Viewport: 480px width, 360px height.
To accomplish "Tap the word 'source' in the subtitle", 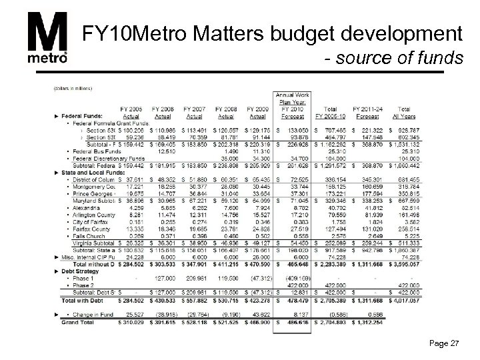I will tap(383, 59).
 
